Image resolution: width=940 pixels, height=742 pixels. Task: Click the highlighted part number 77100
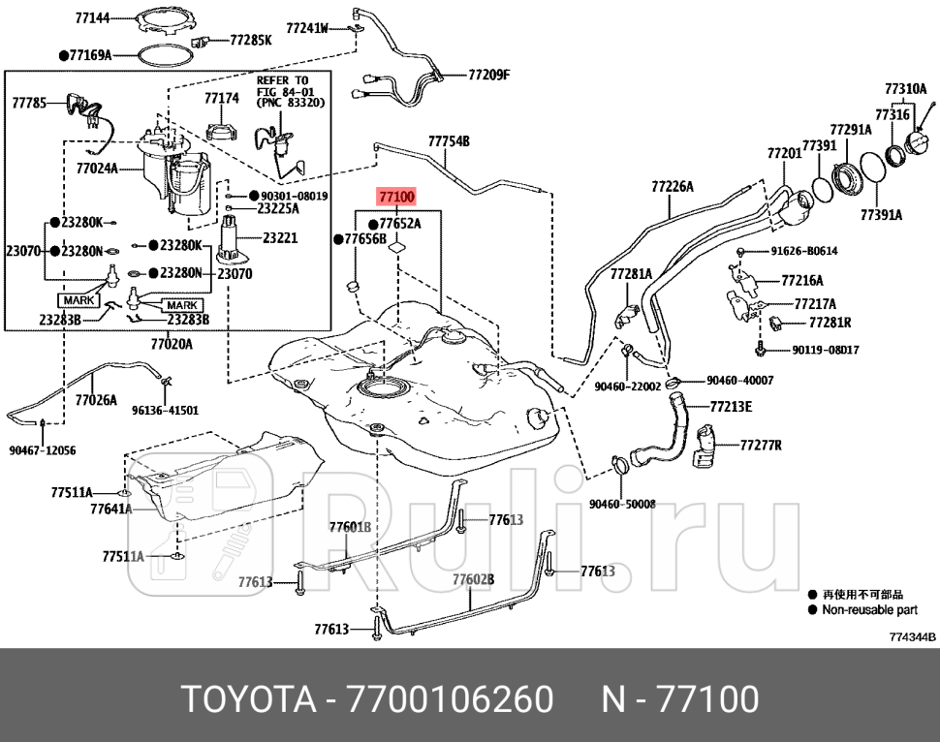coord(397,198)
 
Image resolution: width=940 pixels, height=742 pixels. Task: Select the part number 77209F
coord(488,75)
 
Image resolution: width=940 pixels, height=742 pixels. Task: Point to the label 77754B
coord(449,141)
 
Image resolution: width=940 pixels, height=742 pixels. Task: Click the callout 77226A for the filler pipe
coord(672,185)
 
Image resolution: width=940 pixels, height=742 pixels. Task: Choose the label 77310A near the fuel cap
coord(904,88)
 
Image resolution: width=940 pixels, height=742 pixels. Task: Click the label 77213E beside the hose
coord(731,407)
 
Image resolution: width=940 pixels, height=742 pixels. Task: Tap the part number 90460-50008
coord(622,504)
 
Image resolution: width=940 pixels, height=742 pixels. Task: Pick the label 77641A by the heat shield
coord(110,509)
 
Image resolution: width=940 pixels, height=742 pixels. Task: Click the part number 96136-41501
coord(165,410)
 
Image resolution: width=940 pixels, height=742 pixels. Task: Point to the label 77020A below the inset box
coord(172,344)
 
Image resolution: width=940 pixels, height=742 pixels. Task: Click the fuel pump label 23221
coord(278,237)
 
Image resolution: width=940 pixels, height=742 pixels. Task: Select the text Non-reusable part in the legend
coord(868,610)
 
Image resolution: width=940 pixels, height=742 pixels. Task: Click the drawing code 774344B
coord(912,637)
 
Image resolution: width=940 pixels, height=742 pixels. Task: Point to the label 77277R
coord(760,446)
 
